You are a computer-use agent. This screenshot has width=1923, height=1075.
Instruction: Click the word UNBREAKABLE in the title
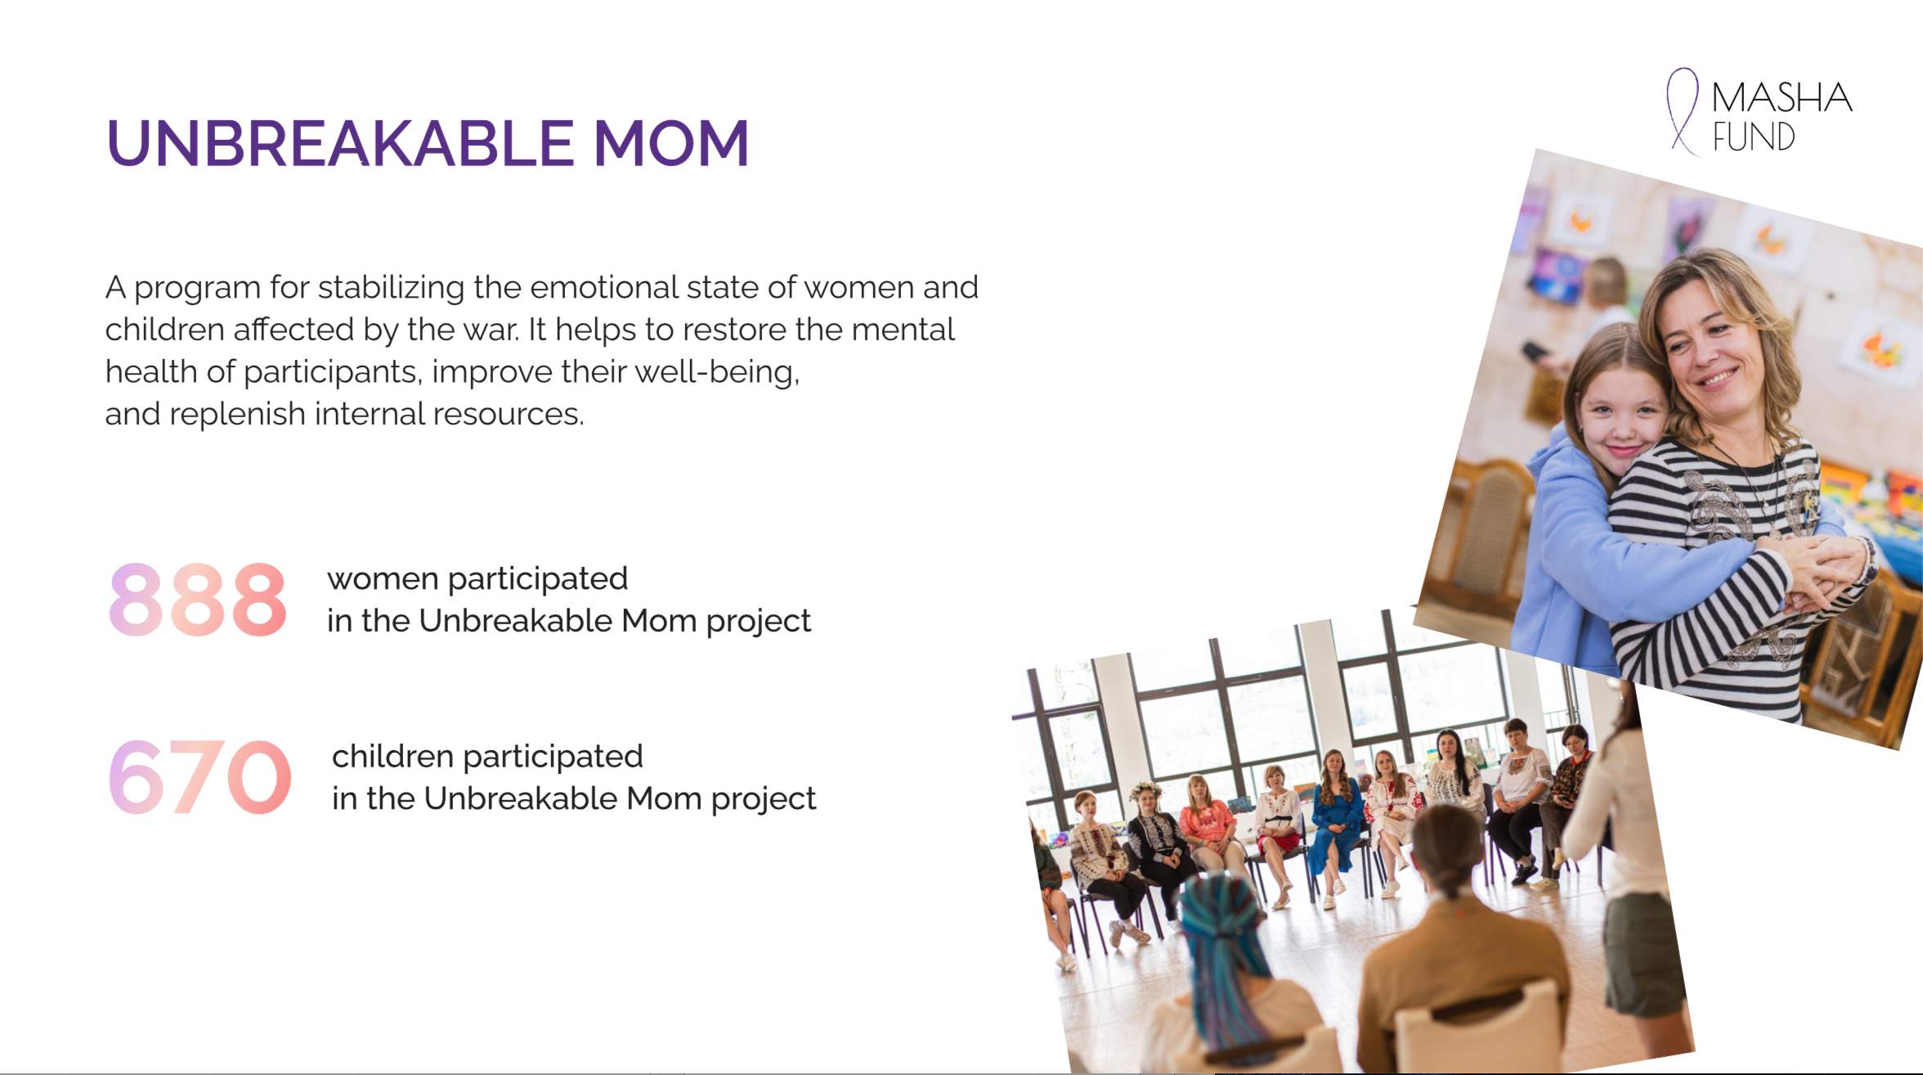pyautogui.click(x=339, y=143)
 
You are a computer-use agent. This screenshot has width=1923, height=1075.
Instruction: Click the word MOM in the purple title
pyautogui.click(x=671, y=143)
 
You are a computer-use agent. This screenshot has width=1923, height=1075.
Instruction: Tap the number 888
pyautogui.click(x=198, y=600)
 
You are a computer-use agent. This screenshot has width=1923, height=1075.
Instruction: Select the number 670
pyautogui.click(x=199, y=776)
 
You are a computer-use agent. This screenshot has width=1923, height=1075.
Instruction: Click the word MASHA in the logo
pyautogui.click(x=1782, y=98)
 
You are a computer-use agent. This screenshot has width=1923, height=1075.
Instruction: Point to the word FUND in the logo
pyautogui.click(x=1754, y=137)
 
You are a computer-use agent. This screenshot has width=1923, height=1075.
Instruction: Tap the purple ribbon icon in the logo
pyautogui.click(x=1683, y=111)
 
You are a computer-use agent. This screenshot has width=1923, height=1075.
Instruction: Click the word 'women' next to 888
pyautogui.click(x=383, y=579)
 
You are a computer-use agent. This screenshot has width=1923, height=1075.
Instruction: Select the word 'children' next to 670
pyautogui.click(x=392, y=756)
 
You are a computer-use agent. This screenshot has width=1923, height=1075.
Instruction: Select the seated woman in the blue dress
pyautogui.click(x=1334, y=826)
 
